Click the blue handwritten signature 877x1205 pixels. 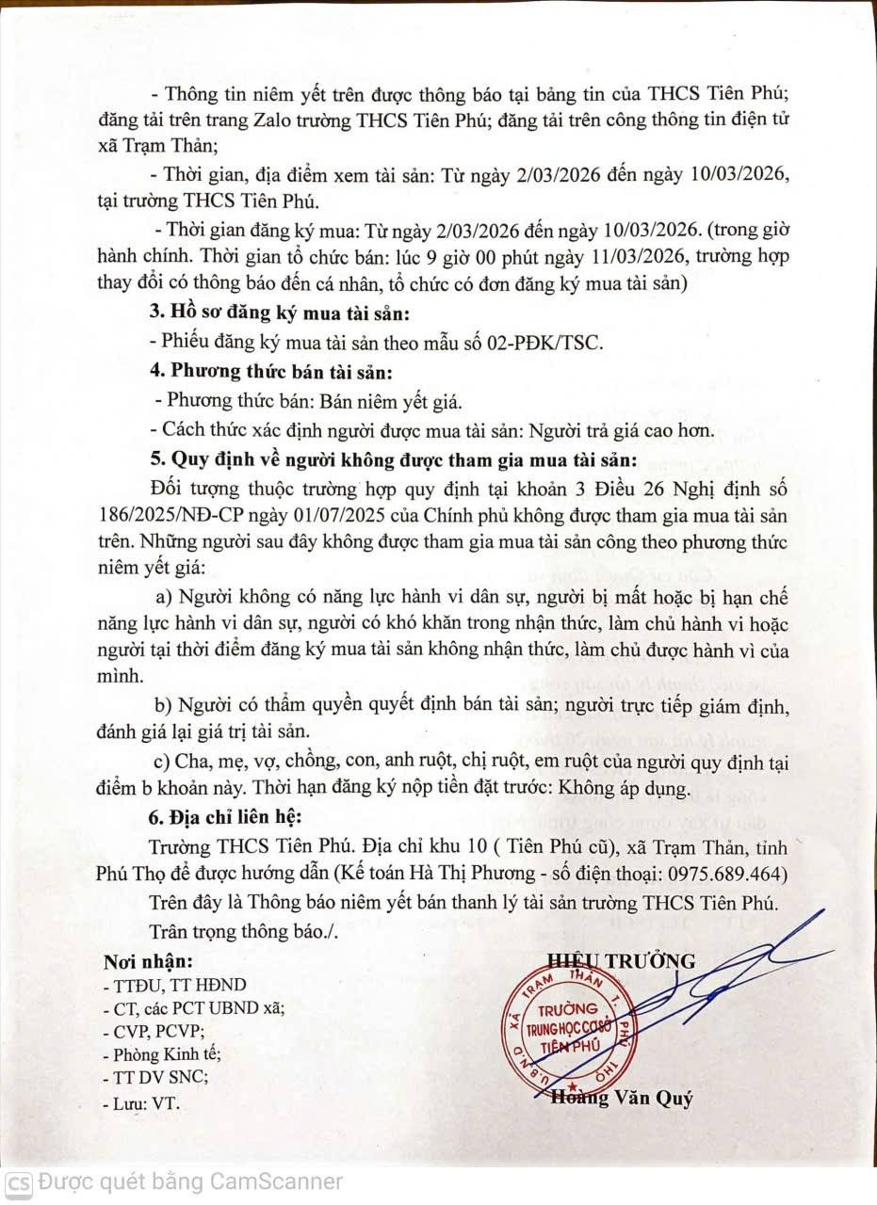[697, 979]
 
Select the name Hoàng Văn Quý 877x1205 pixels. [623, 1099]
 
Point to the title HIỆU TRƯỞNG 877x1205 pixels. [622, 961]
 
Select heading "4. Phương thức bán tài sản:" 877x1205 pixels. [268, 371]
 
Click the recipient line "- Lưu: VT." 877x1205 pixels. [141, 1102]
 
